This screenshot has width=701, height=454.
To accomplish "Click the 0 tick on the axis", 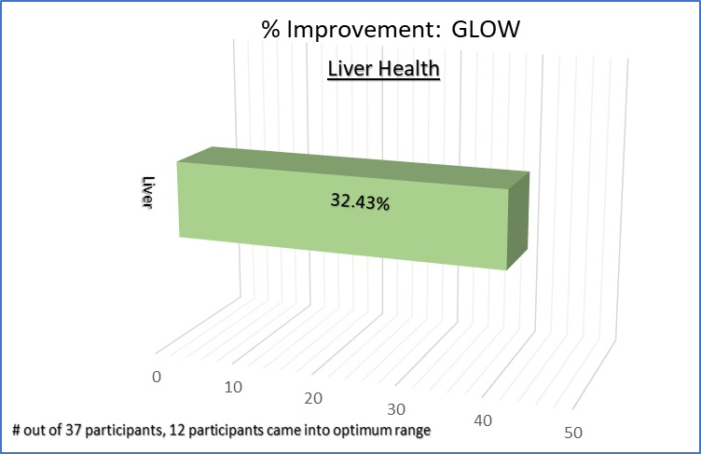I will click(x=157, y=376).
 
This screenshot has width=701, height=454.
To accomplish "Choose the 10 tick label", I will click(x=235, y=387).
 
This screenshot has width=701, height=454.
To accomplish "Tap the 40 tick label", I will click(x=483, y=421).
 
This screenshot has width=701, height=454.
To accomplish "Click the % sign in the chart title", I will click(x=270, y=29).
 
